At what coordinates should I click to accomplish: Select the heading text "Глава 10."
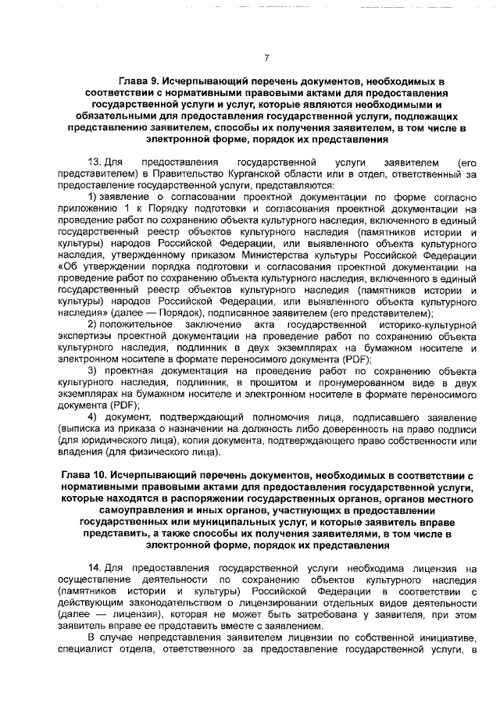point(83,476)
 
